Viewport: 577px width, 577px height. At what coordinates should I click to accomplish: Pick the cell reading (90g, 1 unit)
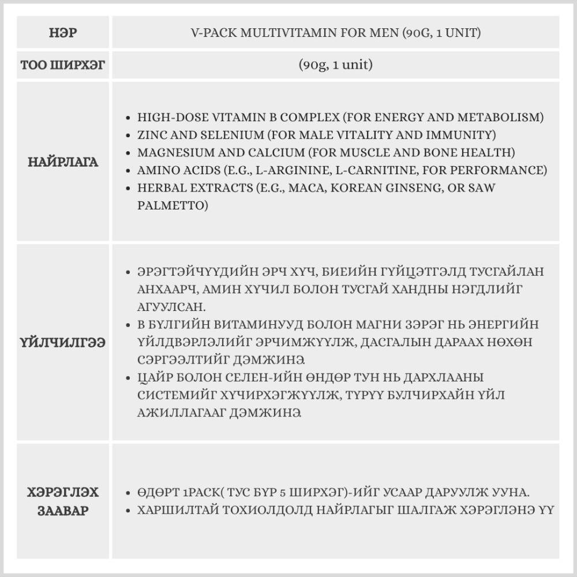click(x=335, y=65)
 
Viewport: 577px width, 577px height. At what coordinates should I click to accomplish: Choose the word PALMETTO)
click(x=173, y=206)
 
